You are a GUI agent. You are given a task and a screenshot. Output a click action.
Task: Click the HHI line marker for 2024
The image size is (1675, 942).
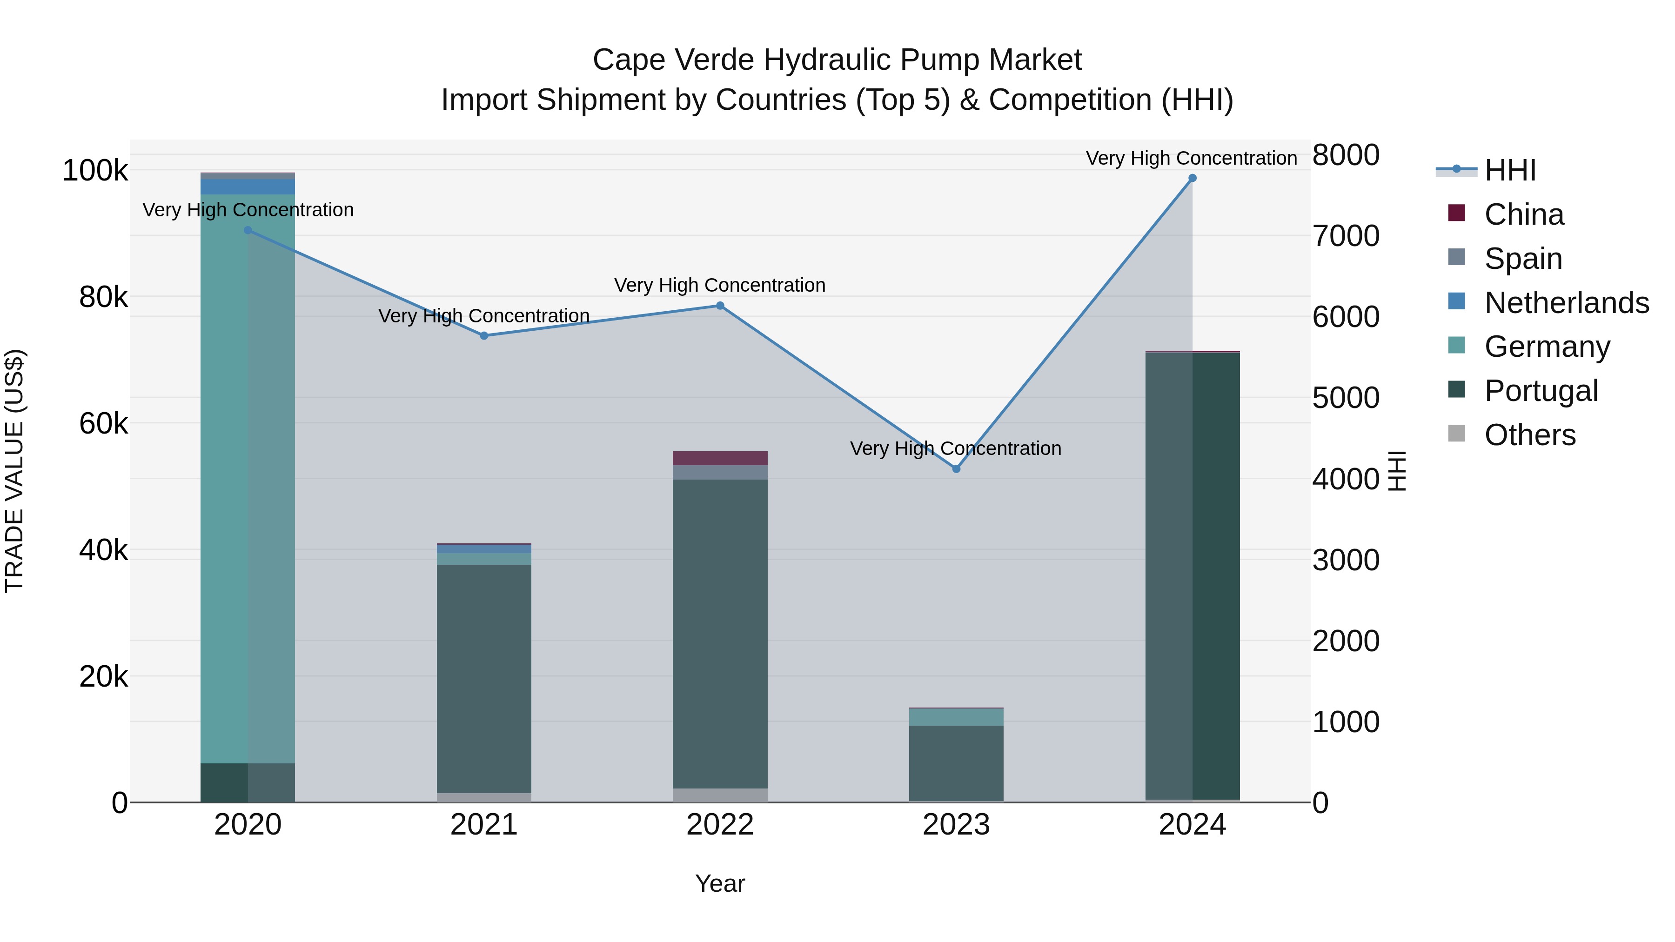pyautogui.click(x=1192, y=178)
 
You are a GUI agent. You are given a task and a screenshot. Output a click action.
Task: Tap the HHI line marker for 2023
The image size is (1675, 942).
pyautogui.click(x=956, y=469)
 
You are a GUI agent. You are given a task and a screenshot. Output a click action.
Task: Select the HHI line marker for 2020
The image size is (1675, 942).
pyautogui.click(x=248, y=230)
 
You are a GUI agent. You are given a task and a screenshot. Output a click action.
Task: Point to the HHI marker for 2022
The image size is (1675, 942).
pyautogui.click(x=720, y=306)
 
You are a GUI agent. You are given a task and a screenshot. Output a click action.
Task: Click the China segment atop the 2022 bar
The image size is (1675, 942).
pyautogui.click(x=720, y=458)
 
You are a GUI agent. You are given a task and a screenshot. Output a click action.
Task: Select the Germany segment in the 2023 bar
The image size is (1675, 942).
pyautogui.click(x=956, y=717)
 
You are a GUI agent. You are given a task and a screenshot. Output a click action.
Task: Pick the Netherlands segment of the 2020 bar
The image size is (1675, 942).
pyautogui.click(x=248, y=187)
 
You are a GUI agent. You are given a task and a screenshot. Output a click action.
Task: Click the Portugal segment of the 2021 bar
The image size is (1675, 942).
pyautogui.click(x=484, y=676)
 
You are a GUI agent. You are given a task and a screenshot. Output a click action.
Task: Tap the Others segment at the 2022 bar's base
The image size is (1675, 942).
pyautogui.click(x=720, y=795)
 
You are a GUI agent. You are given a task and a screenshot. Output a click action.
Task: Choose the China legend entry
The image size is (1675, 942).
pyautogui.click(x=1523, y=214)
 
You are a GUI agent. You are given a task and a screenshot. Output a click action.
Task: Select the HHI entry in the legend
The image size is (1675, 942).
pyautogui.click(x=1510, y=170)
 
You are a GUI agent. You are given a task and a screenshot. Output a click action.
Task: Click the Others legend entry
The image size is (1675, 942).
pyautogui.click(x=1529, y=435)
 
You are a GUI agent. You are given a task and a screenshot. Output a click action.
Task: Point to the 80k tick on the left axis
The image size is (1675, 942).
pyautogui.click(x=103, y=297)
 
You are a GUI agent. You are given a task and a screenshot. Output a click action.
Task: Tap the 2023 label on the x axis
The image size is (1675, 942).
pyautogui.click(x=956, y=825)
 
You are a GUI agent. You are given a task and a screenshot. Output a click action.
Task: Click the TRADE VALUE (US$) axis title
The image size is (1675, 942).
pyautogui.click(x=15, y=471)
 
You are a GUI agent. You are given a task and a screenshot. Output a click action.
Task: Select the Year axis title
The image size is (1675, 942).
pyautogui.click(x=720, y=883)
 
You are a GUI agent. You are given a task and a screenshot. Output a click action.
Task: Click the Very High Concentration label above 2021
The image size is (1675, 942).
pyautogui.click(x=484, y=316)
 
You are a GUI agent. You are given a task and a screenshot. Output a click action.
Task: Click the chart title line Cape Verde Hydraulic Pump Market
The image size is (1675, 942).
pyautogui.click(x=837, y=60)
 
